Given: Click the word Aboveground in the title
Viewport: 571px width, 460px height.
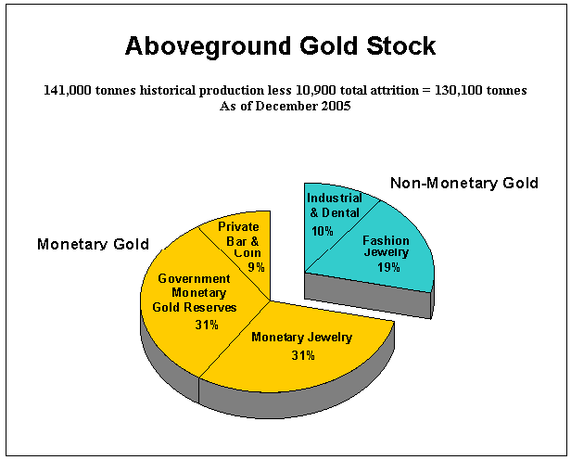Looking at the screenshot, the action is pos(209,46).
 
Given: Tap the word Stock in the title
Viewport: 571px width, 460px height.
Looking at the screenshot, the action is pos(401,45).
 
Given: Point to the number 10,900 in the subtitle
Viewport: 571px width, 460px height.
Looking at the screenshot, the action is pos(313,90).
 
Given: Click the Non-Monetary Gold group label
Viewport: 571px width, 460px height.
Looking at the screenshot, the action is pos(464,183).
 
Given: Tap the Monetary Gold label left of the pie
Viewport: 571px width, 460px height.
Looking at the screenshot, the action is pos(94,244).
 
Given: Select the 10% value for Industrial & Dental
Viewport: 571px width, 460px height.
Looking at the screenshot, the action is pos(323,231).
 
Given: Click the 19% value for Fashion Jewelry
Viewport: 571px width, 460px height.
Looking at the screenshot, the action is pos(388,267).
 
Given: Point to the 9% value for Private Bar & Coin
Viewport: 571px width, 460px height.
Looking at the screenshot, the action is pos(256,267).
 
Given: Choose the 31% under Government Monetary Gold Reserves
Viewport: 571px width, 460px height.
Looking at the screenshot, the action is pos(207,325).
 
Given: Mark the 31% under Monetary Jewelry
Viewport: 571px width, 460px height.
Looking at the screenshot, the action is pos(303,355).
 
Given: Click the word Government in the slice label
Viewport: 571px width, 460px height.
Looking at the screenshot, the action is pos(194,278).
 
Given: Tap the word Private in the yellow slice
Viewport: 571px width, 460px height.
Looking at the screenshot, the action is pos(238,227).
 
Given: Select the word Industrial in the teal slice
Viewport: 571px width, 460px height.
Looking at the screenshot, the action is pos(335,198).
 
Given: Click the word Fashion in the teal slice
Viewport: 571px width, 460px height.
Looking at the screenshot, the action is pos(386,241).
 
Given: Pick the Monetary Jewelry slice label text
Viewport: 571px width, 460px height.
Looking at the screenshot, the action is pos(302,338).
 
